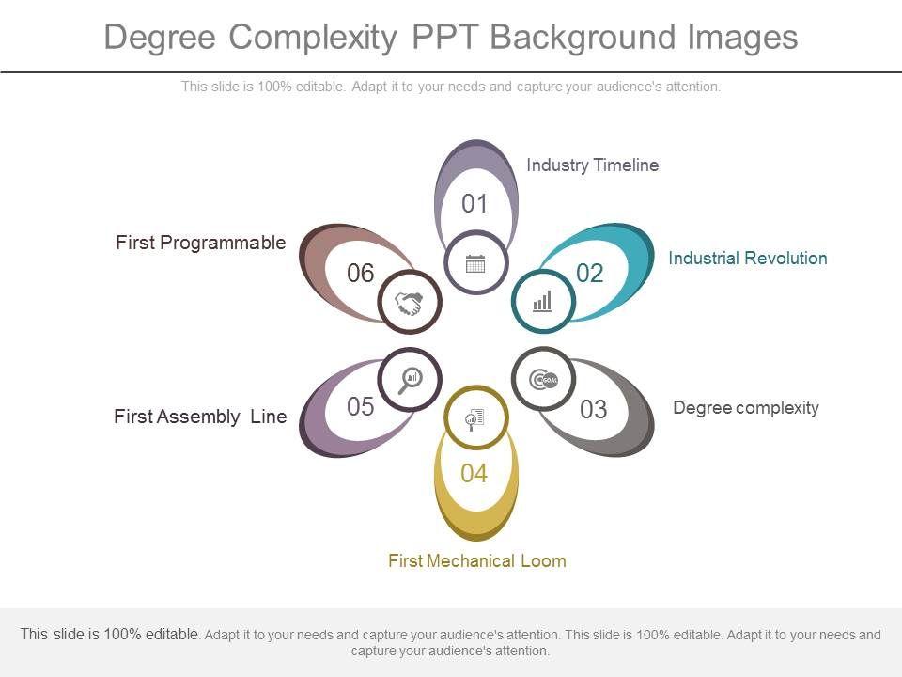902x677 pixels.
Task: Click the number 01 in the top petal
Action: pyautogui.click(x=475, y=204)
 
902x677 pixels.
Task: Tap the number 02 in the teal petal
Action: pyautogui.click(x=589, y=274)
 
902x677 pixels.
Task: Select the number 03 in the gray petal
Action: pyautogui.click(x=593, y=410)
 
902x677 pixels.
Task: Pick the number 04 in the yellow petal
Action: pyautogui.click(x=474, y=474)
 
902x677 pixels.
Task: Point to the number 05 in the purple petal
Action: pyautogui.click(x=361, y=407)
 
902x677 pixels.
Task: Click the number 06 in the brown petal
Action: pyautogui.click(x=361, y=274)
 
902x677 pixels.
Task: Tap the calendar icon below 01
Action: pyautogui.click(x=475, y=263)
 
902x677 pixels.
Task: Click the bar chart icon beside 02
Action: pyautogui.click(x=543, y=301)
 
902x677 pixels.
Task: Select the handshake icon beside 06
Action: pyautogui.click(x=409, y=303)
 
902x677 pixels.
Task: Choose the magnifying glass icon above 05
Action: pyautogui.click(x=410, y=379)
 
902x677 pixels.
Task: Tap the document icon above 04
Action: pyautogui.click(x=475, y=417)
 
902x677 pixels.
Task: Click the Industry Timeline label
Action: pyautogui.click(x=592, y=165)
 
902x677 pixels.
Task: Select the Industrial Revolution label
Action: pyautogui.click(x=747, y=258)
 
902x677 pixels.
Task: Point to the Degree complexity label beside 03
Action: pyautogui.click(x=746, y=407)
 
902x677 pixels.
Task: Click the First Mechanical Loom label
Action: pyautogui.click(x=476, y=561)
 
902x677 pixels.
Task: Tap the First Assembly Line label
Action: pyautogui.click(x=200, y=417)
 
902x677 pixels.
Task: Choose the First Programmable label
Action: pyautogui.click(x=200, y=243)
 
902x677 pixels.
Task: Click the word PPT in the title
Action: pyautogui.click(x=446, y=38)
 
